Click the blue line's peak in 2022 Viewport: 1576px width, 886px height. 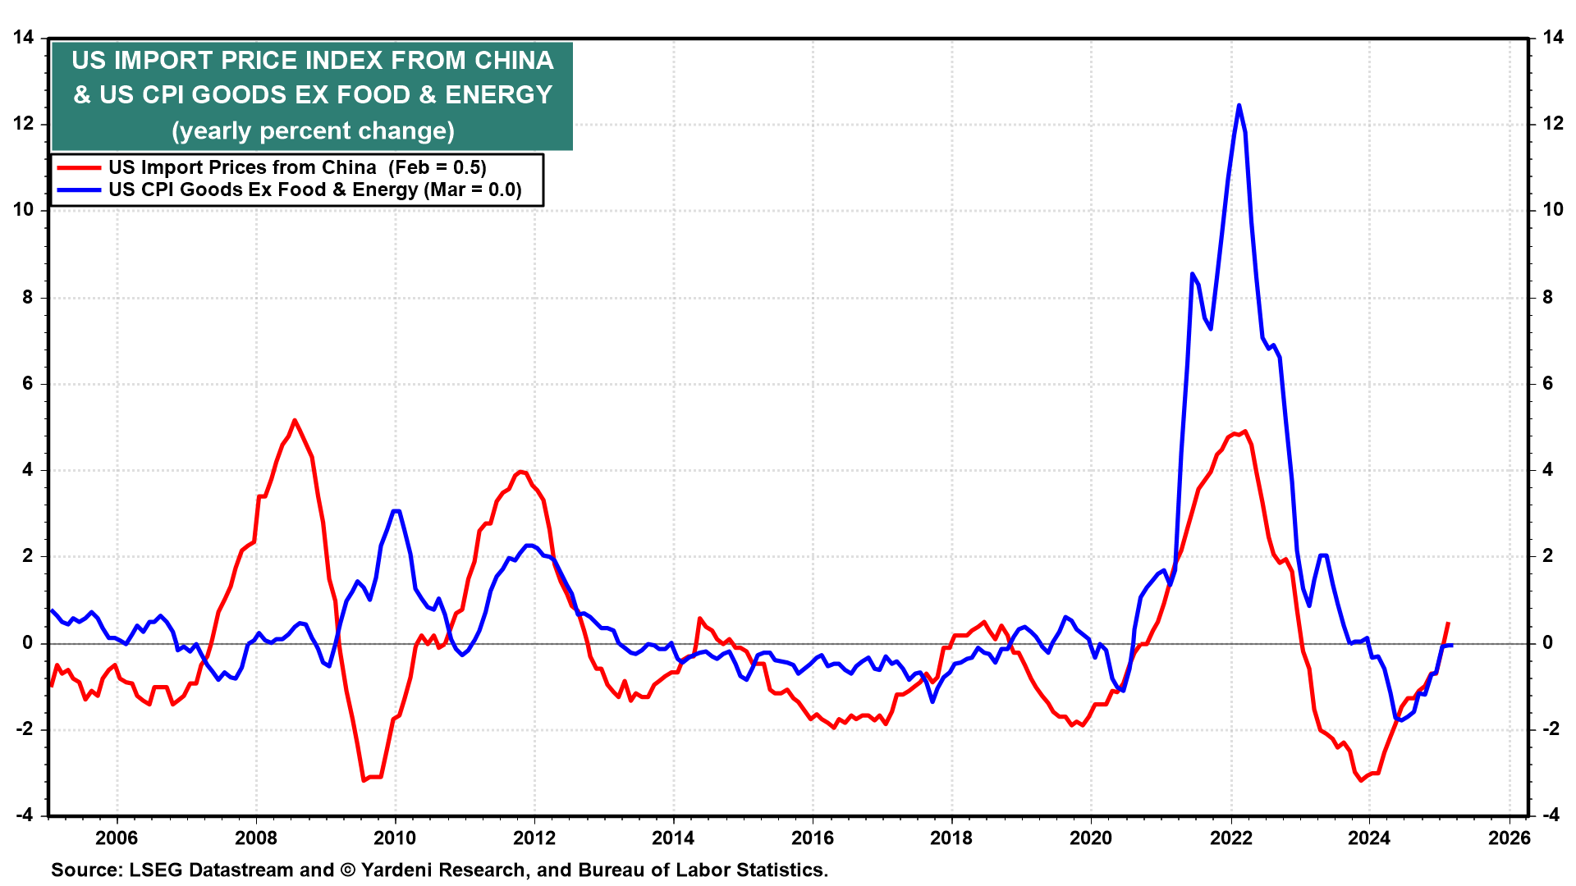coord(1239,105)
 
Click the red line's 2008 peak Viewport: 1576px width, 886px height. coord(295,420)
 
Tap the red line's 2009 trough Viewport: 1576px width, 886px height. coord(364,779)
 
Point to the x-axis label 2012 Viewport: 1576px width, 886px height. coord(534,838)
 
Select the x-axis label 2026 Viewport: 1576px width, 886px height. coord(1509,838)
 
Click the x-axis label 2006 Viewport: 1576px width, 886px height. coord(117,838)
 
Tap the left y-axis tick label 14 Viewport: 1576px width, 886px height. coord(24,37)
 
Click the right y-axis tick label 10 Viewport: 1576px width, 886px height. coord(1552,210)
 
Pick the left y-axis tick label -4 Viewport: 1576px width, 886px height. coord(24,815)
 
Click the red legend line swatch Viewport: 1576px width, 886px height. coord(79,168)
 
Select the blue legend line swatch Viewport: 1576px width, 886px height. coord(79,190)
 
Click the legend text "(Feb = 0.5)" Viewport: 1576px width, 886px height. coord(438,168)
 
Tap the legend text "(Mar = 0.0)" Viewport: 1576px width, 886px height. coord(473,190)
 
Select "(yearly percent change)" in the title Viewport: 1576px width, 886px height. coord(313,131)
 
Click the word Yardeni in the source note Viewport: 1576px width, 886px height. coord(398,870)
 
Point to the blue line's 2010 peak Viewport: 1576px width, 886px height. coord(396,510)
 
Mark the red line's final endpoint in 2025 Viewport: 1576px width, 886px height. coord(1448,623)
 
